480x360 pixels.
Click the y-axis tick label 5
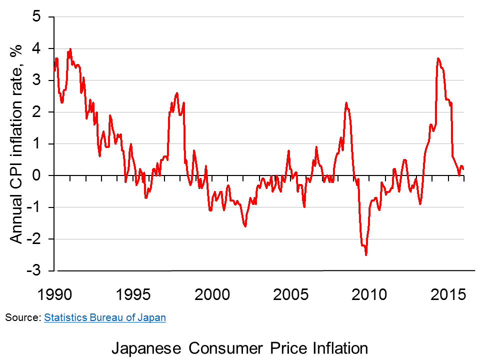pyautogui.click(x=36, y=16)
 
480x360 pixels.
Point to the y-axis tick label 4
pyautogui.click(x=36, y=48)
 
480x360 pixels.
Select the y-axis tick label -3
pyautogui.click(x=33, y=270)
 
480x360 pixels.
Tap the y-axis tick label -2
pyautogui.click(x=33, y=239)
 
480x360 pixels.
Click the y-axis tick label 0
pyautogui.click(x=36, y=175)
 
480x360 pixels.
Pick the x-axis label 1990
pyautogui.click(x=54, y=295)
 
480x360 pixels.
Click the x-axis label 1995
pyautogui.click(x=133, y=295)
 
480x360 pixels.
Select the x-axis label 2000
pyautogui.click(x=212, y=295)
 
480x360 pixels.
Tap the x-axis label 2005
pyautogui.click(x=291, y=295)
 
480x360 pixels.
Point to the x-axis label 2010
pyautogui.click(x=369, y=295)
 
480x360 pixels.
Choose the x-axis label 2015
pyautogui.click(x=448, y=295)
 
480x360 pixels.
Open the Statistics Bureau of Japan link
pyautogui.click(x=105, y=317)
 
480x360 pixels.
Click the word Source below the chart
pyautogui.click(x=22, y=317)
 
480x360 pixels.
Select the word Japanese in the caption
pyautogui.click(x=146, y=348)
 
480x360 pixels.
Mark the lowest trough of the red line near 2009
pyautogui.click(x=366, y=254)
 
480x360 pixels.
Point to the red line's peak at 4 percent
pyautogui.click(x=70, y=48)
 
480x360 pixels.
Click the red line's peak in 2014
pyautogui.click(x=438, y=58)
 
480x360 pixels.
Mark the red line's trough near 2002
pyautogui.click(x=245, y=226)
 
